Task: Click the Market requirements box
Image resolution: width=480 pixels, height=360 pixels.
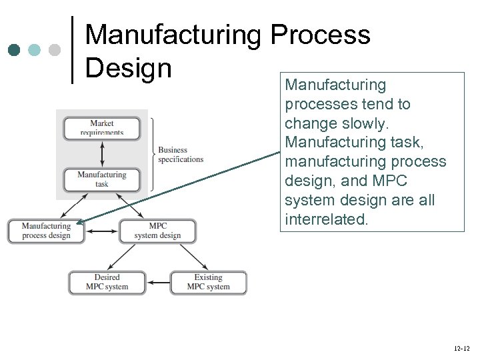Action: tap(102, 127)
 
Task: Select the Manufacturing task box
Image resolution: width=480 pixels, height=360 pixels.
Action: tap(102, 179)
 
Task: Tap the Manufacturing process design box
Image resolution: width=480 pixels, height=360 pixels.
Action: tap(47, 231)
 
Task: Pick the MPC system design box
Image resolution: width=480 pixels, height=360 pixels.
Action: tap(158, 231)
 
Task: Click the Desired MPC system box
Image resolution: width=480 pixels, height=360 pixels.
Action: tap(107, 282)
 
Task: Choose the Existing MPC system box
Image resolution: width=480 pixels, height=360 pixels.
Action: tap(208, 282)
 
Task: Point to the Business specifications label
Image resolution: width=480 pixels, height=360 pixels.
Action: tap(181, 155)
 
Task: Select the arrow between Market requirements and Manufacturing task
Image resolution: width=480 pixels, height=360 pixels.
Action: tap(102, 153)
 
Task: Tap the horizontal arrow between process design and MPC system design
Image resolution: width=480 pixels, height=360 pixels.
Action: tap(103, 231)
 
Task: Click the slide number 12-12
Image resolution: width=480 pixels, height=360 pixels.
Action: tap(461, 349)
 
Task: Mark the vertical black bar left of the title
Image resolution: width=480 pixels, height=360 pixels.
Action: tap(72, 50)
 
